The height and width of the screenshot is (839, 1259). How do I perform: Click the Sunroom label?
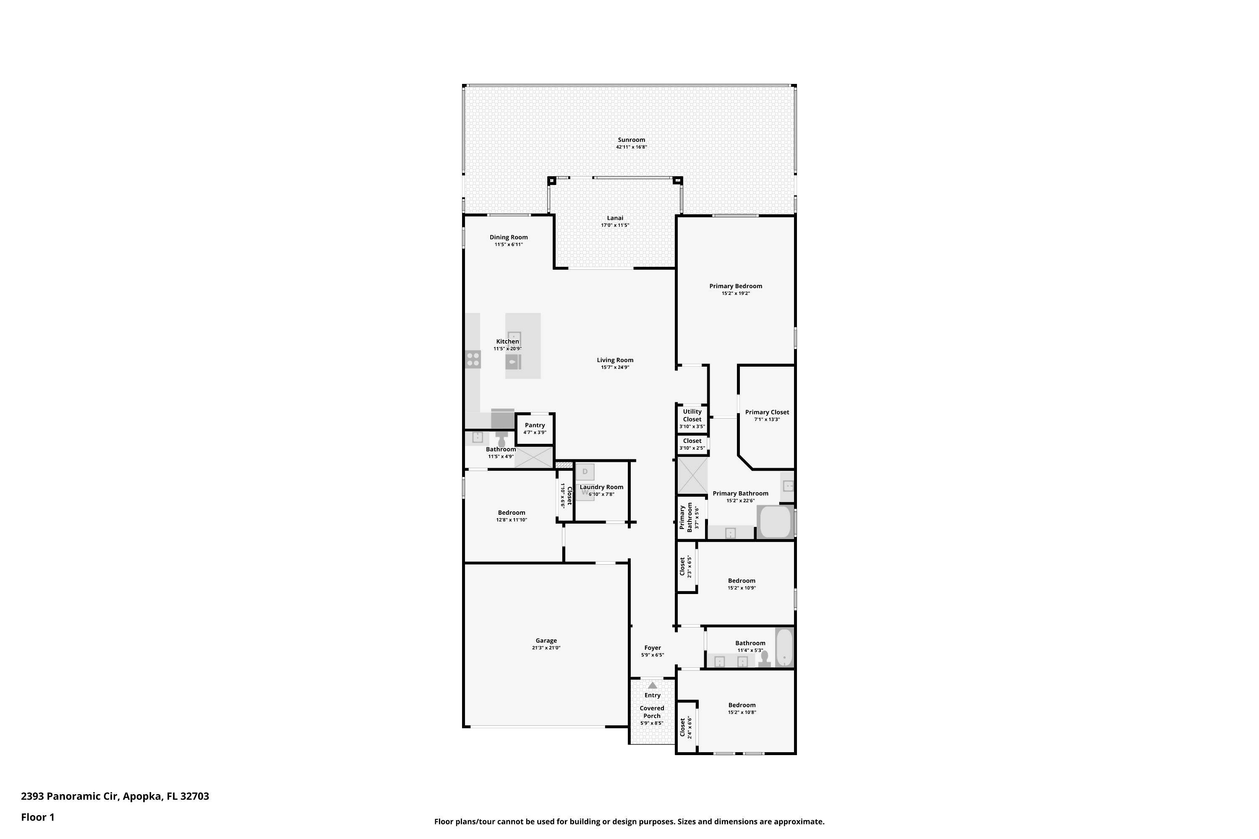[x=631, y=140]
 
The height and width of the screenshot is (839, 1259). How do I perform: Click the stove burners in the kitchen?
[x=473, y=359]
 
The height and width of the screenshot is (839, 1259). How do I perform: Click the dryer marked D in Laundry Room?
[x=585, y=472]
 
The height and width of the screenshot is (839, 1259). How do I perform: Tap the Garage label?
[x=546, y=641]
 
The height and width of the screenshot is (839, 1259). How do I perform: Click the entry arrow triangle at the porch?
[x=652, y=685]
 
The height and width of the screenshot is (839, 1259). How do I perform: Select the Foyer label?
[x=652, y=647]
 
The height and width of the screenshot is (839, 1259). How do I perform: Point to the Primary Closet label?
[x=767, y=412]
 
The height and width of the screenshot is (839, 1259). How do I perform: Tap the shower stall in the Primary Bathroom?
[x=692, y=475]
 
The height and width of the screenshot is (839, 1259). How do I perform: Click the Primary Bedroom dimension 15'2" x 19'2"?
[x=736, y=293]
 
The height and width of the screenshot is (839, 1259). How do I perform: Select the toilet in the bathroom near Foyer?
[x=764, y=658]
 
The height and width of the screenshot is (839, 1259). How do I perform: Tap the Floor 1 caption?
[x=37, y=817]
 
